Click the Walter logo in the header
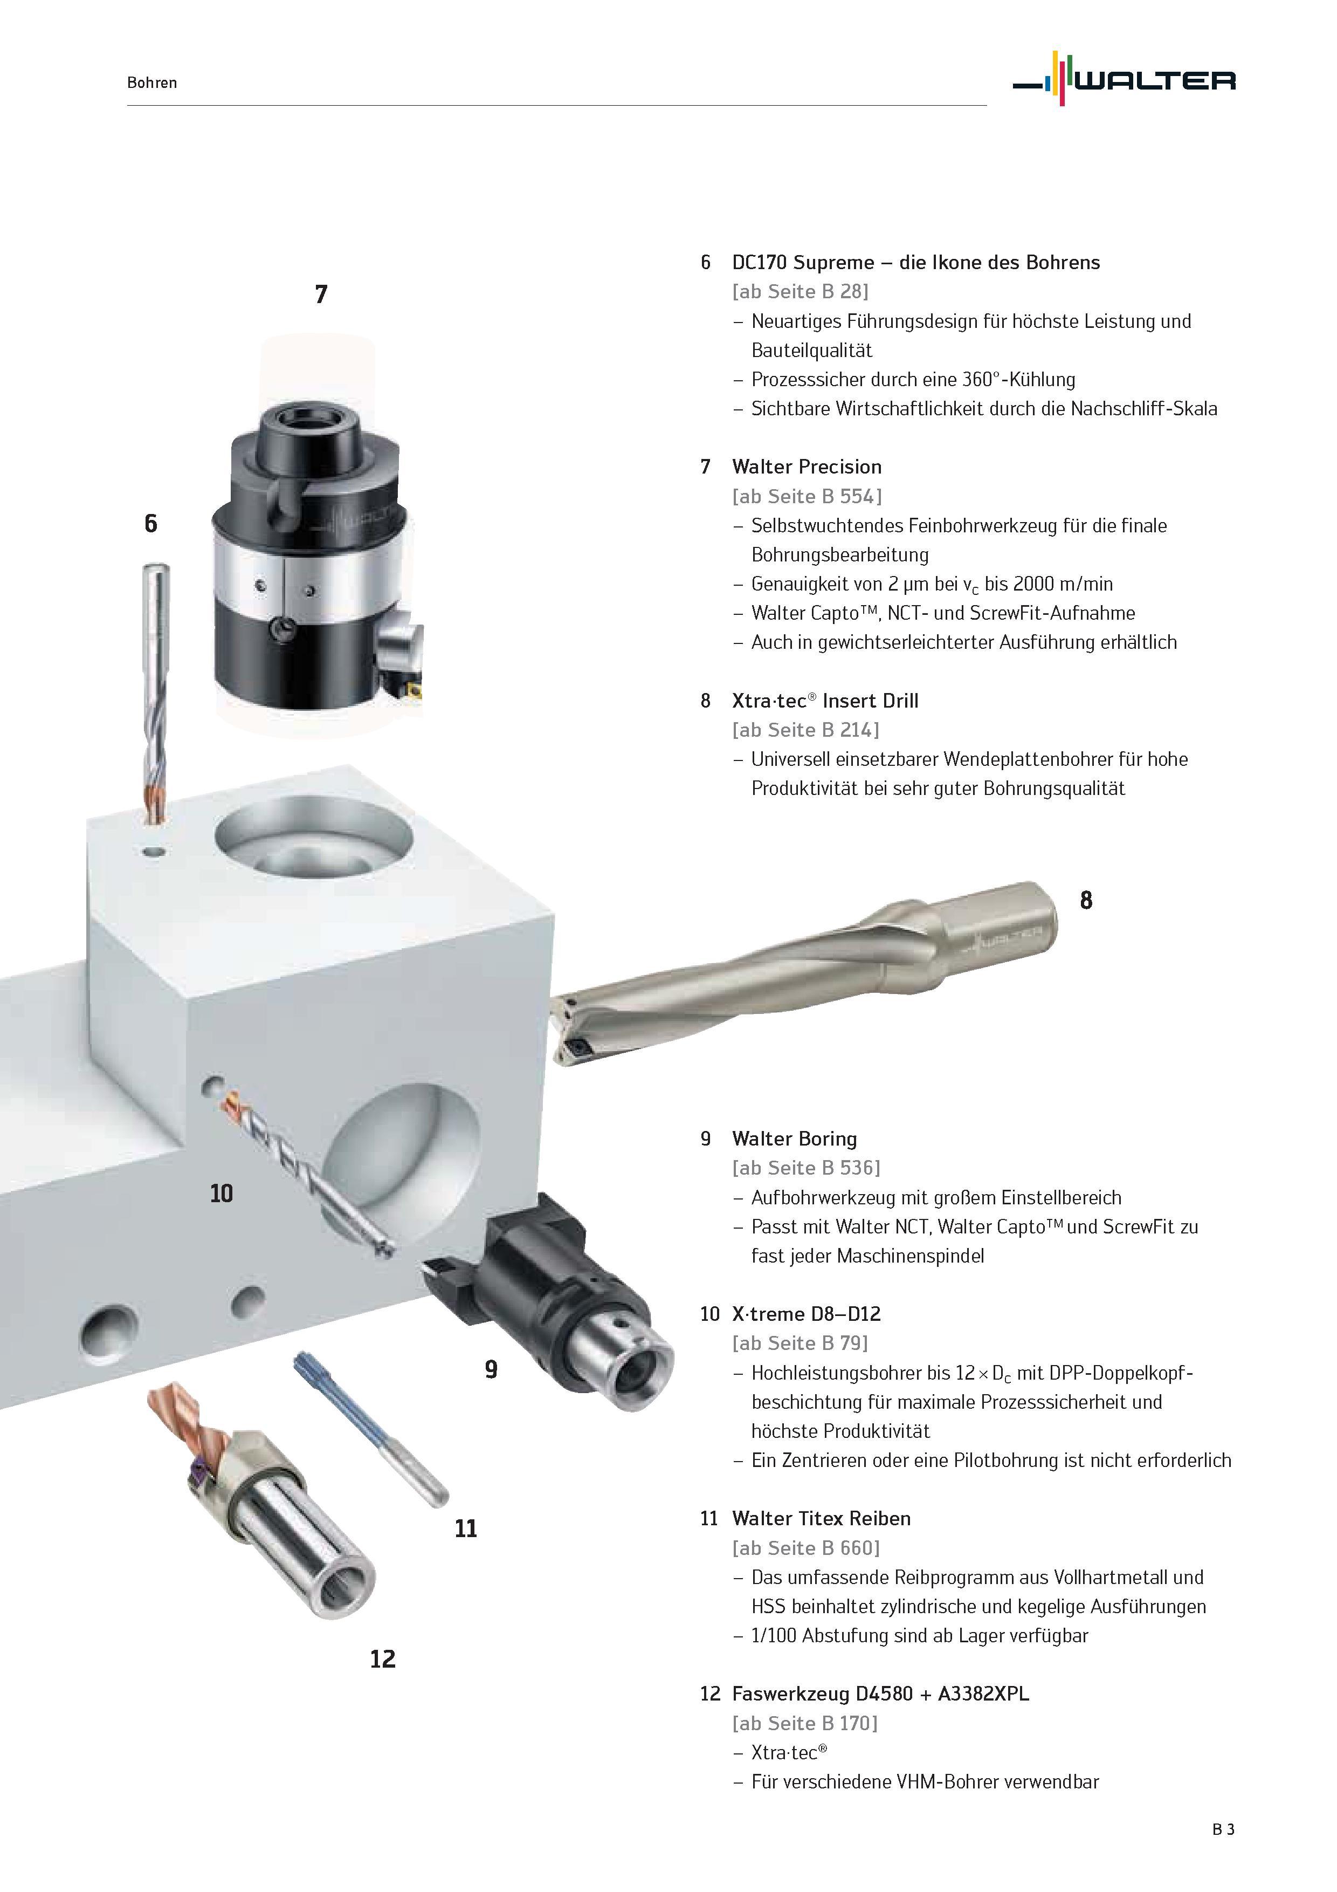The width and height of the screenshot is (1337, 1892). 1124,79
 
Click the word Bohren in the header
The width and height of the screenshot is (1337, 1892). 153,83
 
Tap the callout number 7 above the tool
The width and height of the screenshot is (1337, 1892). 321,294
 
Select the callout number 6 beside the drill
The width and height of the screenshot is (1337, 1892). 151,523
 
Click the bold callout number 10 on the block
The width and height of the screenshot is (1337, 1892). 222,1193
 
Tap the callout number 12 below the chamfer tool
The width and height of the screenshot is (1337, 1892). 383,1659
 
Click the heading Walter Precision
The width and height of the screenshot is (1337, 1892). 807,467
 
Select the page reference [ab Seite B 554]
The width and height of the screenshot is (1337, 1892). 807,496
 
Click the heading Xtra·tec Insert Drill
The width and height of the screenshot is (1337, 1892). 825,701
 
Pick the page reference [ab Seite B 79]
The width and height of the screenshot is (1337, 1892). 800,1343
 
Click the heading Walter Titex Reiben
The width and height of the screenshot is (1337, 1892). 821,1518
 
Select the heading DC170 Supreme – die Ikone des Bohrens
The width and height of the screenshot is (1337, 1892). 916,262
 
